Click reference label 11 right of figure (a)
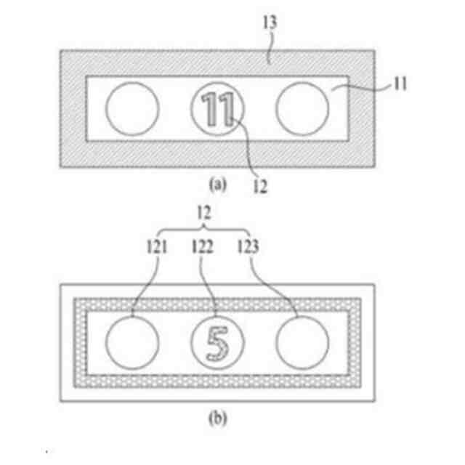coord(400,85)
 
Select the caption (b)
coord(218,418)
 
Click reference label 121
coord(155,247)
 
